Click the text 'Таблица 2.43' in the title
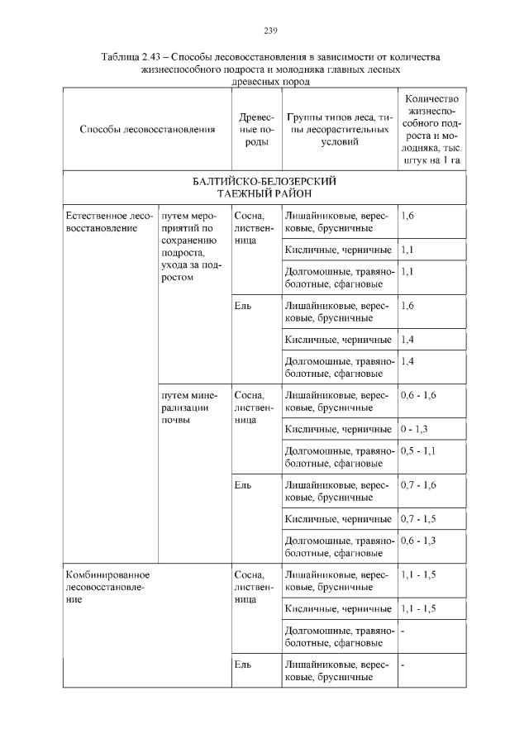point(131,58)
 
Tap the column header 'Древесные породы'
point(255,131)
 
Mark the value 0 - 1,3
point(413,429)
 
